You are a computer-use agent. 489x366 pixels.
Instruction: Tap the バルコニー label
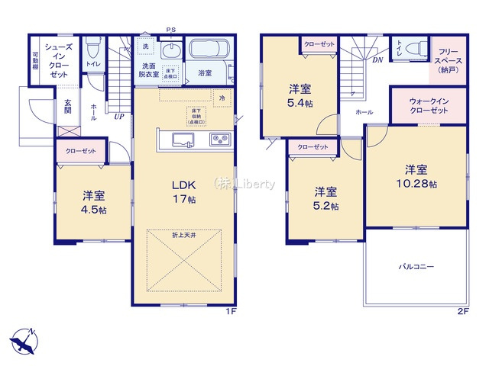(x=416, y=268)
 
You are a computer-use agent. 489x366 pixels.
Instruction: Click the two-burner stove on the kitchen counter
(x=219, y=139)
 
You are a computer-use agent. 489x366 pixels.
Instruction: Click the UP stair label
(x=118, y=117)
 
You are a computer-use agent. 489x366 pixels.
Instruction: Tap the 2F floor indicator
(x=461, y=313)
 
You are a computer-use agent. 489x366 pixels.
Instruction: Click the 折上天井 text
(x=183, y=236)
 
